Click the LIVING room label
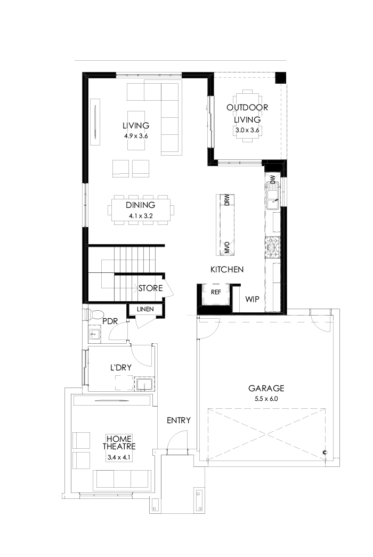tap(136, 126)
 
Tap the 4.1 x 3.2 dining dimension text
tap(141, 216)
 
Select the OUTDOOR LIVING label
tap(247, 114)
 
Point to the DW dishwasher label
tap(272, 180)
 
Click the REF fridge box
tap(216, 292)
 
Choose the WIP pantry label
tap(252, 300)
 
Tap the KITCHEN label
tap(227, 270)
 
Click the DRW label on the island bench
tap(227, 200)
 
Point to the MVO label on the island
tap(227, 247)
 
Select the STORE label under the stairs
tap(150, 288)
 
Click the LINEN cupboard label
tap(145, 309)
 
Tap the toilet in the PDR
tap(95, 314)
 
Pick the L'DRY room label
tap(121, 368)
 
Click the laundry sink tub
tap(143, 384)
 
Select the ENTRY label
tap(179, 421)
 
